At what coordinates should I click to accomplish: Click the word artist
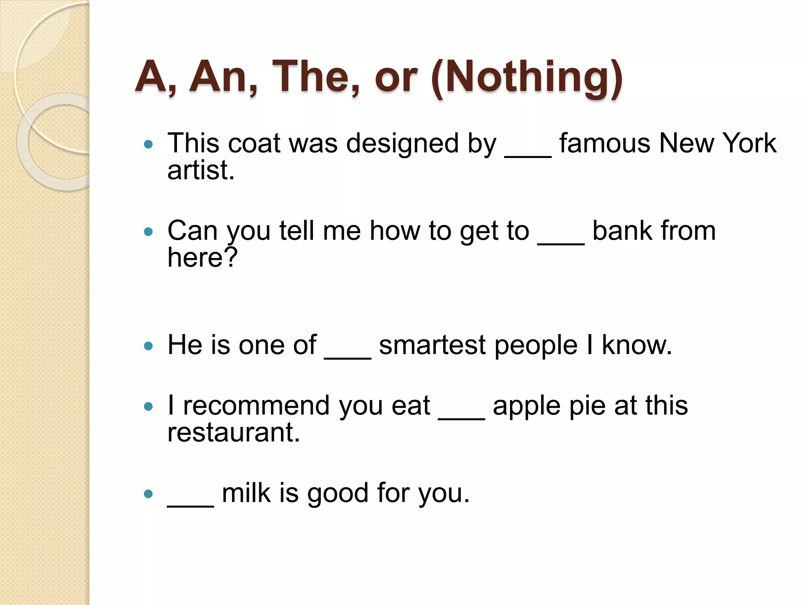pos(201,170)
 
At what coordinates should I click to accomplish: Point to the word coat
pos(254,143)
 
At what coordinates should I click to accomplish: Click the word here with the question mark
pos(203,258)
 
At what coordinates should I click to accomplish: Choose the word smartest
pos(432,345)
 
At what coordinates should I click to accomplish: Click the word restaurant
pos(234,432)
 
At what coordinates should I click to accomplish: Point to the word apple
pos(526,406)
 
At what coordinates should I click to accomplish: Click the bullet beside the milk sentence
pos(148,494)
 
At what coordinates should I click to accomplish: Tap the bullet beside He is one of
pos(148,346)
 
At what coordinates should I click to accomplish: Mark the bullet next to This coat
pos(148,145)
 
